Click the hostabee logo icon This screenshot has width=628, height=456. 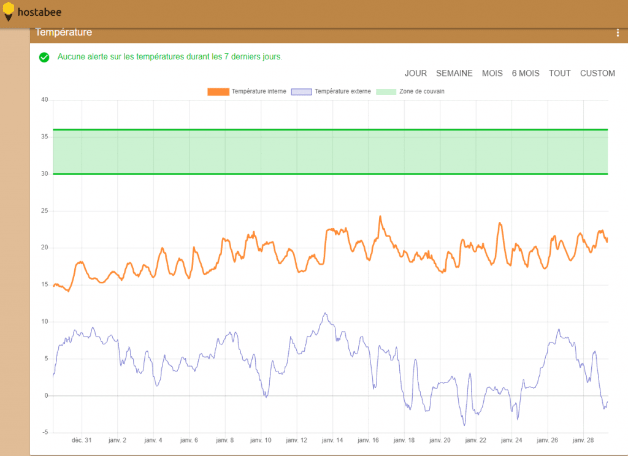(x=9, y=12)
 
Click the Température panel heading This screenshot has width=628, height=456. (x=64, y=32)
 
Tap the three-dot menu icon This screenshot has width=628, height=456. (x=618, y=33)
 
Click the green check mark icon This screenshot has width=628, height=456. (x=44, y=57)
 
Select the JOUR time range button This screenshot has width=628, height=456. (x=415, y=74)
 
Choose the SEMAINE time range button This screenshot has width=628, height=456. (x=454, y=74)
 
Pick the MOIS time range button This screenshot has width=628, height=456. (x=492, y=74)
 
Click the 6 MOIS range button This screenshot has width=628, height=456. (x=526, y=74)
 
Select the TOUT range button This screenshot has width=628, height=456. (x=559, y=74)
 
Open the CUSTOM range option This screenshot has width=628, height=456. (x=597, y=74)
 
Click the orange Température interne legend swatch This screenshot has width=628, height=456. (x=218, y=92)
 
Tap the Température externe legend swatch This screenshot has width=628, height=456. (x=301, y=92)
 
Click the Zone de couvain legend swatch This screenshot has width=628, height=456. (x=386, y=92)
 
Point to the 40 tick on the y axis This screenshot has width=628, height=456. (x=44, y=100)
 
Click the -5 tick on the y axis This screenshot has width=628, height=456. (x=45, y=432)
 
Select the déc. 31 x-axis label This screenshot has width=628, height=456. (x=82, y=440)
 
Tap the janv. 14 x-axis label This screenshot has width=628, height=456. (x=332, y=440)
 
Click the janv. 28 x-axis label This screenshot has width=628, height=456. (x=583, y=440)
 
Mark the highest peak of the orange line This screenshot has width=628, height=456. (x=380, y=216)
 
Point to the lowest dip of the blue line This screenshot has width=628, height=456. (x=464, y=425)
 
